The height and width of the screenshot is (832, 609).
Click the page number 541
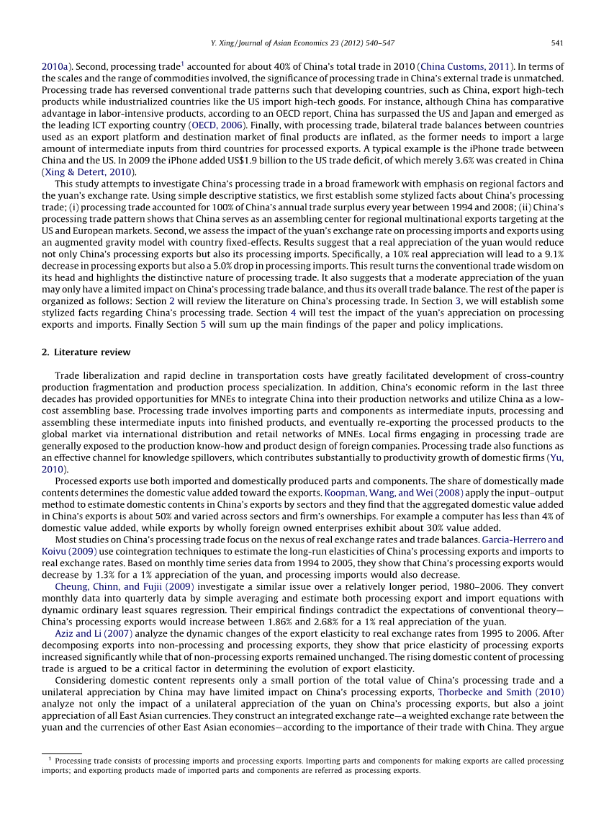[556, 43]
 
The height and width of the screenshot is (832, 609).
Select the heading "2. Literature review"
[86, 352]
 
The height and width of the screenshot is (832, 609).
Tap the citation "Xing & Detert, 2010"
[89, 172]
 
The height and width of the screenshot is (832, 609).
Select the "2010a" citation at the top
[55, 66]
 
